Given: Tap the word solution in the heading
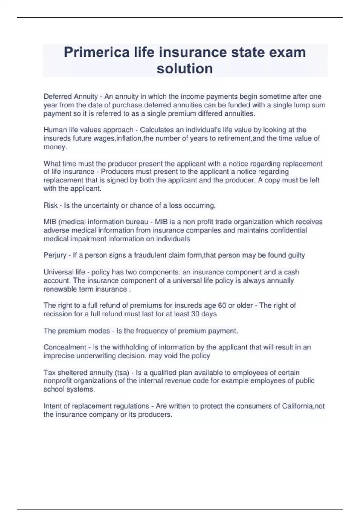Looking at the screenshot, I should point(185,69).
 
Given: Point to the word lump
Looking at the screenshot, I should point(303,105).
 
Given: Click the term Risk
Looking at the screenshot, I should point(50,205).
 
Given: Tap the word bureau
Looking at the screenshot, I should point(136,222).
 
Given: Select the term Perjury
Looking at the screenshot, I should point(55,255).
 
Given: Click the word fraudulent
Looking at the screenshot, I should point(152,255).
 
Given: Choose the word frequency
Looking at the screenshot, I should point(150,331).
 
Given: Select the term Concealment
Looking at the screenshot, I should point(65,347).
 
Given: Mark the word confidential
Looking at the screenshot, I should point(288,230).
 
